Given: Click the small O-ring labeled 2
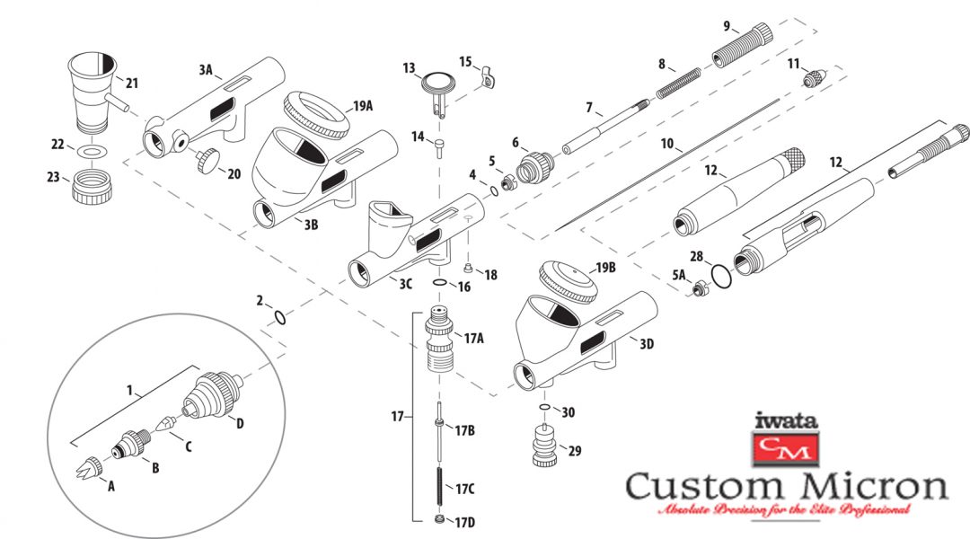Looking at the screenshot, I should (279, 316).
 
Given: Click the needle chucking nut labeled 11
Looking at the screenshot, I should (814, 78).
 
